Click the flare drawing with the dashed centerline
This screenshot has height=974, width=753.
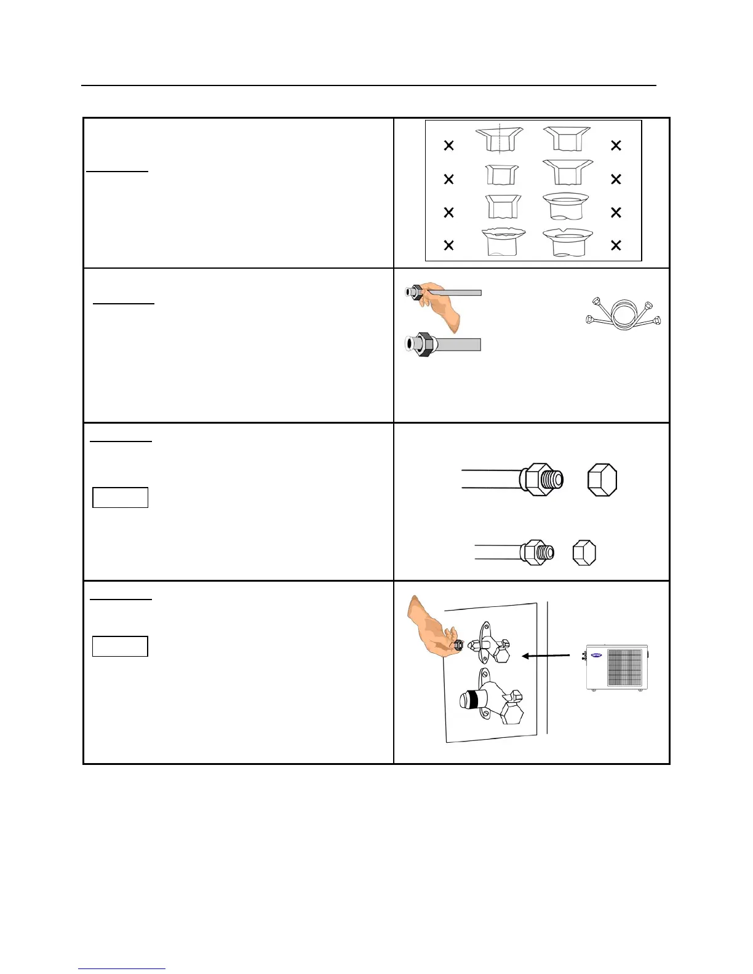pos(500,139)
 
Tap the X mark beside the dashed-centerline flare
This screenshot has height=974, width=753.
pos(448,146)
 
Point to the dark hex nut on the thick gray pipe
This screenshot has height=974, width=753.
pos(423,344)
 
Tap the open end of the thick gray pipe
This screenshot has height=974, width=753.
pos(408,344)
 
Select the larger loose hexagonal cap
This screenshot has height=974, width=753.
pos(602,480)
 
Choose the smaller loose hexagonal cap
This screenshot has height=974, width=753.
pos(584,553)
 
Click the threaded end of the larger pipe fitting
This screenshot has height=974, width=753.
pos(554,480)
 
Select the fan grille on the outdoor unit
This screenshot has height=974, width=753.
pos(624,668)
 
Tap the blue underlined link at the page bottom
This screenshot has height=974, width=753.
pos(122,968)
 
